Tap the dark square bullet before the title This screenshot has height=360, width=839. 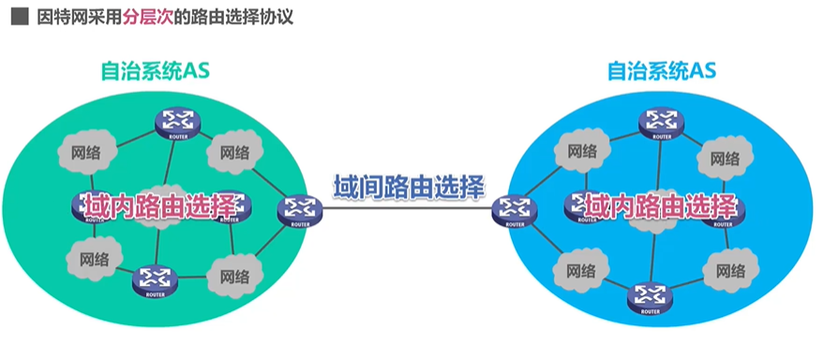click(16, 18)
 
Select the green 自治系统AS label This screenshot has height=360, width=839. click(155, 70)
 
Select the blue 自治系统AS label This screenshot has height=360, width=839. click(662, 70)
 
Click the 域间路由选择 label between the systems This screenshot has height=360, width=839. click(409, 186)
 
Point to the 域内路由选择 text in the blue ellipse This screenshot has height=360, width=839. click(662, 205)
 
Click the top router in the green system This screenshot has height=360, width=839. click(176, 122)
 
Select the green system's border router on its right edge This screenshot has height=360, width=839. click(299, 212)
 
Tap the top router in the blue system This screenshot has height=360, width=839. click(661, 123)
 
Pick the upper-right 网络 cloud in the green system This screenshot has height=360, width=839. click(232, 151)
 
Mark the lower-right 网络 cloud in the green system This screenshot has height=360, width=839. click(234, 275)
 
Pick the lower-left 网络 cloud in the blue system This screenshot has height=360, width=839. click(581, 271)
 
